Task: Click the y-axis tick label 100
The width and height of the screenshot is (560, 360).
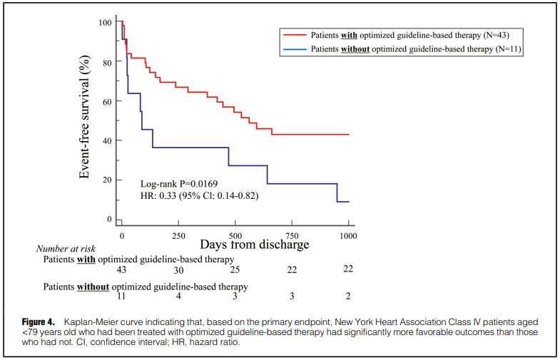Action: click(x=104, y=23)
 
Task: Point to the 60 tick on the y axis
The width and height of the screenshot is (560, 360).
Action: click(x=107, y=101)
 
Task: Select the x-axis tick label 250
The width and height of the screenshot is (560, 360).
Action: click(x=179, y=235)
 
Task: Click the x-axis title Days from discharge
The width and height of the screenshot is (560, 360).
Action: click(x=255, y=245)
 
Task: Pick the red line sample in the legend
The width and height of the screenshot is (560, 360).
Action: click(x=295, y=34)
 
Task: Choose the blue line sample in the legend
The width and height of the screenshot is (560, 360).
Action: click(x=295, y=49)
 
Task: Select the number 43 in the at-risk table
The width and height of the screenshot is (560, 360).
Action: click(x=122, y=269)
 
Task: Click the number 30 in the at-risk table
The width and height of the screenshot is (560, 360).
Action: click(x=178, y=269)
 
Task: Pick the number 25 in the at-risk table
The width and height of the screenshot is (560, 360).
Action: click(x=235, y=269)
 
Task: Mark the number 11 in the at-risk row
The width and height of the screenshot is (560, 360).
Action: click(x=122, y=296)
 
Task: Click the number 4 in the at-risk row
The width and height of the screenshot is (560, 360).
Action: click(x=178, y=296)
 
